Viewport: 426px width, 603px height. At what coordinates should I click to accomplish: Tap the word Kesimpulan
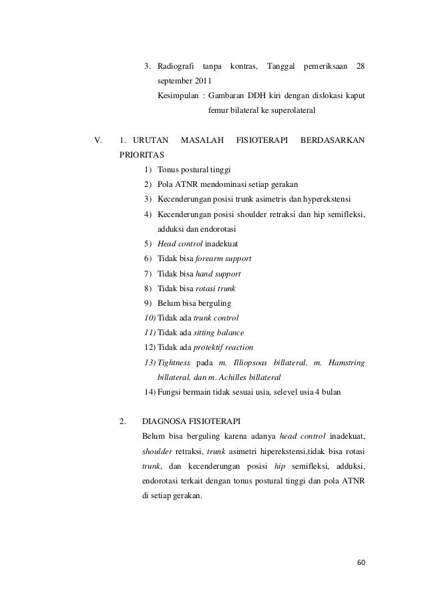tap(177, 95)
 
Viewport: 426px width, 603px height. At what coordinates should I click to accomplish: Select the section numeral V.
tap(99, 140)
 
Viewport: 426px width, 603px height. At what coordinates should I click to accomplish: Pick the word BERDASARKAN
tap(333, 140)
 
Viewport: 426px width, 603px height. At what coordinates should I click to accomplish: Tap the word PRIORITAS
tap(141, 154)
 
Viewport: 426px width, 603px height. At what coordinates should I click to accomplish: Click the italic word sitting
tap(209, 332)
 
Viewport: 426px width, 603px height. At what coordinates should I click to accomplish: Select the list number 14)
tap(150, 391)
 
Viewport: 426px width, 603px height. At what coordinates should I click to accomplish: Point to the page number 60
tap(361, 563)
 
